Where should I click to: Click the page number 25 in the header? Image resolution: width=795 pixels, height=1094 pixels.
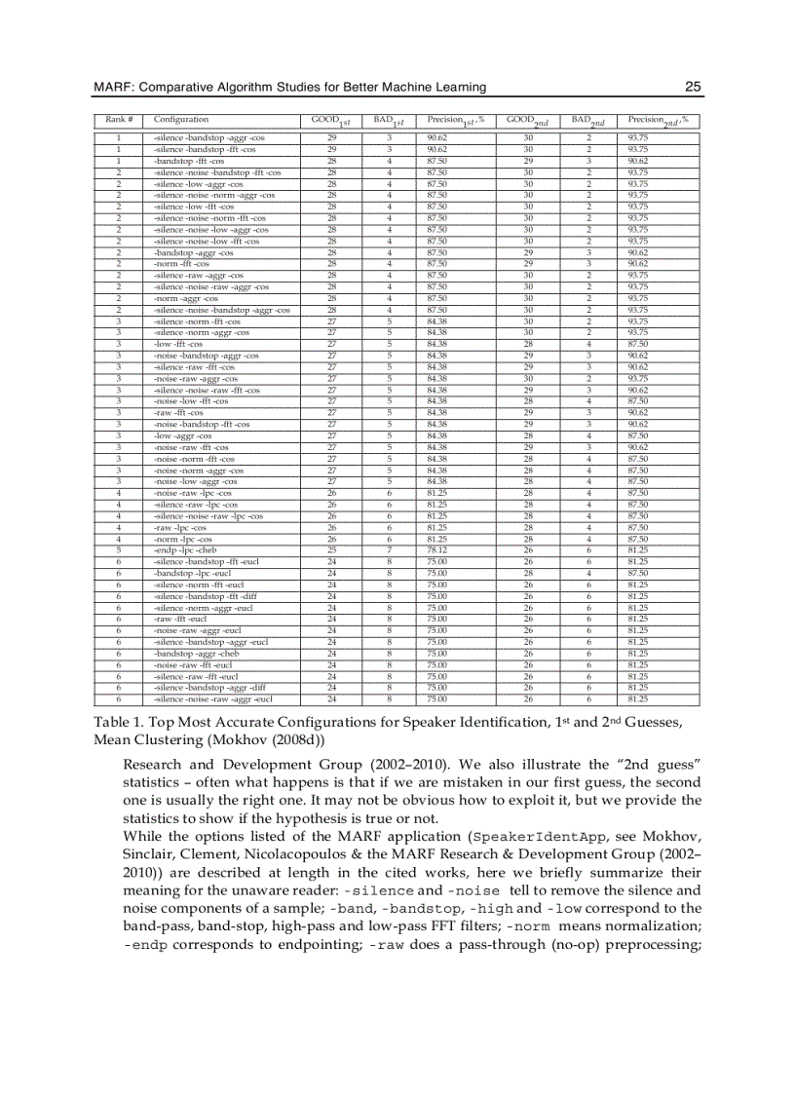(694, 87)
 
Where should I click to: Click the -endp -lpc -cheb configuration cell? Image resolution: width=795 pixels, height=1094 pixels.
(184, 548)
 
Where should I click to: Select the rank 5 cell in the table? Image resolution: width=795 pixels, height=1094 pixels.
(118, 548)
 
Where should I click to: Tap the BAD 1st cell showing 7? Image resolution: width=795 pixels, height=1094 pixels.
(388, 548)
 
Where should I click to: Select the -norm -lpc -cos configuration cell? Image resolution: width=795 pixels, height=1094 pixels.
(182, 538)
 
